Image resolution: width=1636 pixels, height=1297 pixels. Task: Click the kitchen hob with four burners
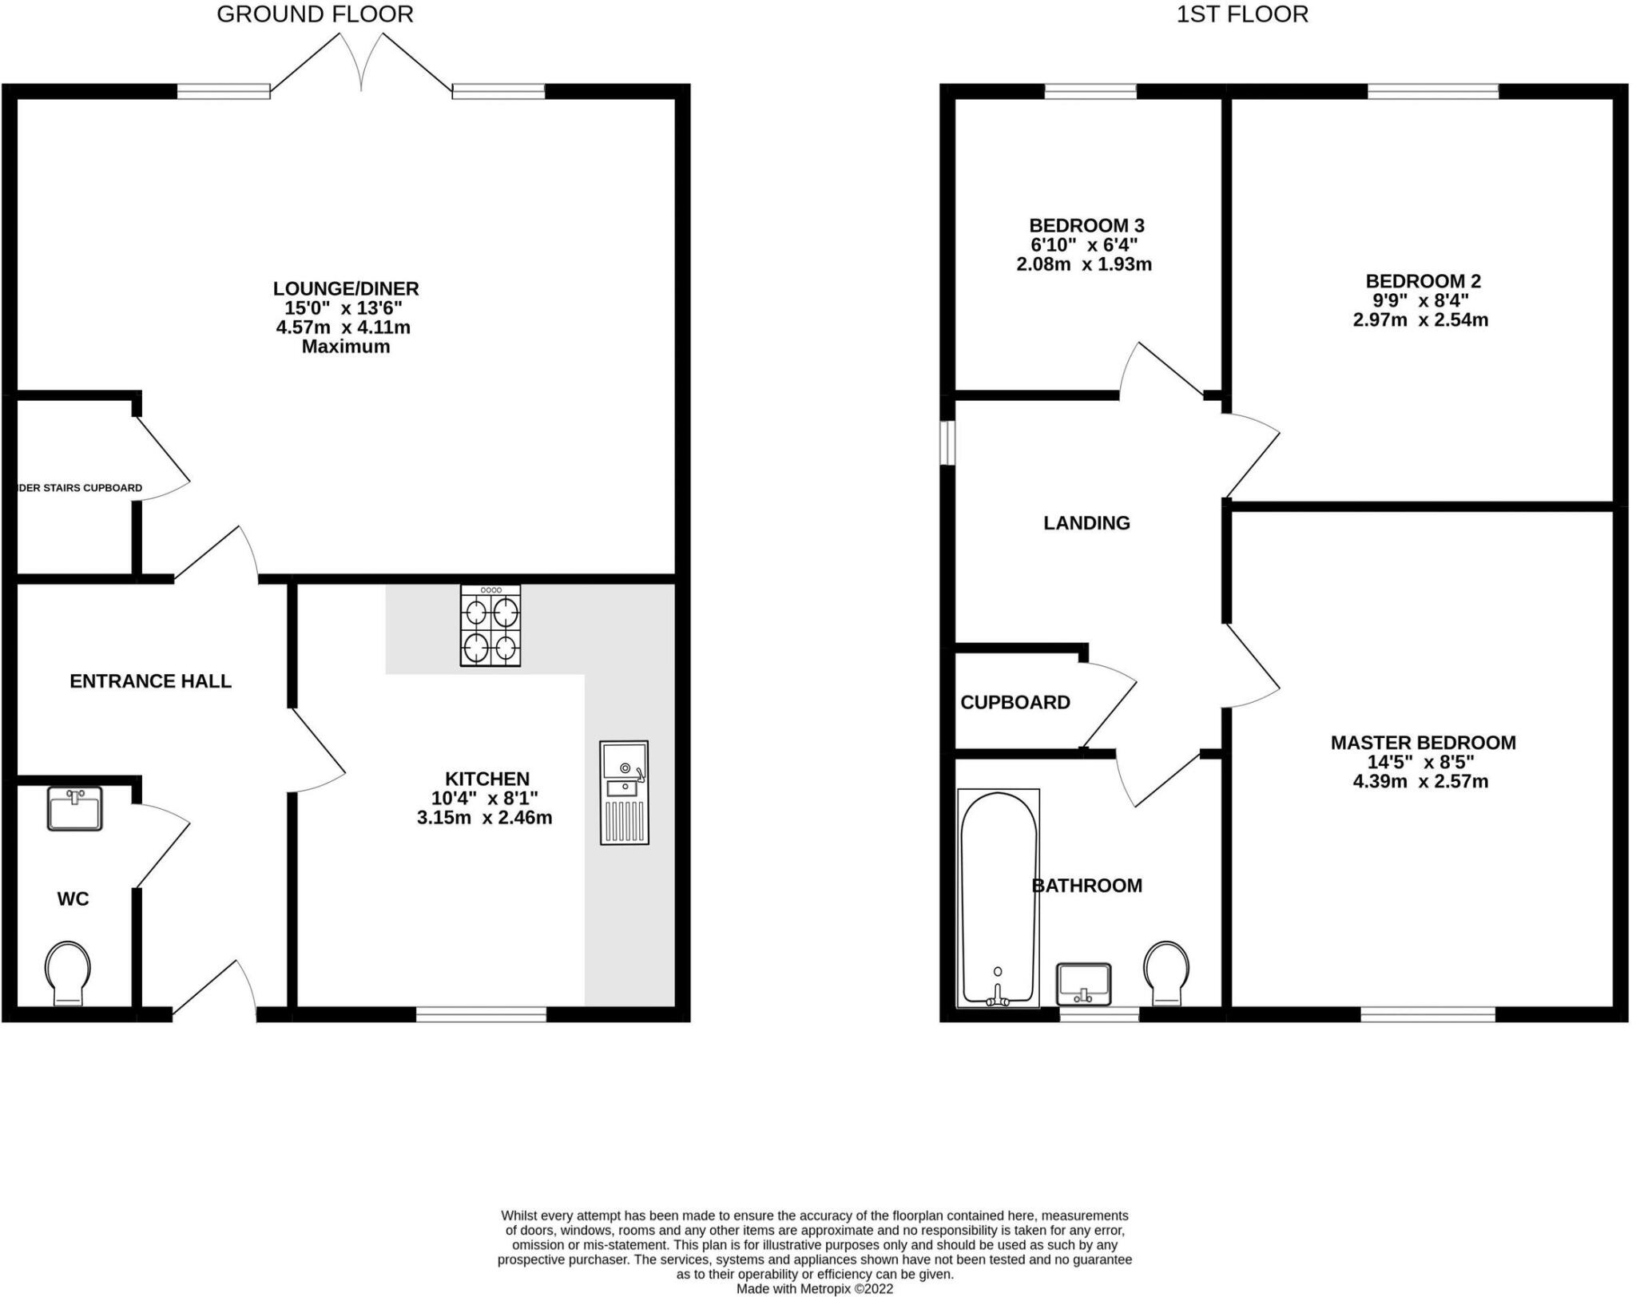[x=490, y=625]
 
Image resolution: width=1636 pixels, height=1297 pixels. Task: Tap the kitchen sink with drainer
[x=624, y=792]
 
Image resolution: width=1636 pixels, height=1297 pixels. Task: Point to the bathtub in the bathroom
[x=998, y=898]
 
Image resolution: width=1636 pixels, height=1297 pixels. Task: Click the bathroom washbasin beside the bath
[x=1083, y=984]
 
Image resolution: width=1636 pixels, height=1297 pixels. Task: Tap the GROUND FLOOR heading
[x=315, y=14]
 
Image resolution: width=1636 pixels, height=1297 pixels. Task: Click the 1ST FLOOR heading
[x=1242, y=14]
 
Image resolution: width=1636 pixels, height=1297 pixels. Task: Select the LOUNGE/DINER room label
[x=346, y=288]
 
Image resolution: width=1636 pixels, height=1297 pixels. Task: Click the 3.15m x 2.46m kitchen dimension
[x=484, y=818]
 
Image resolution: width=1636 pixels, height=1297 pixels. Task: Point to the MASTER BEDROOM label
[x=1423, y=743]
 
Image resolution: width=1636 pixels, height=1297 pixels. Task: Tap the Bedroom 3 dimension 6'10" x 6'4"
[x=1084, y=245]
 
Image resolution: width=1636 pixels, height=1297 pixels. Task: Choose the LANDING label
[x=1086, y=523]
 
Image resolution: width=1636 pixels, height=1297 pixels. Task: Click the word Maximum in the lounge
[x=346, y=347]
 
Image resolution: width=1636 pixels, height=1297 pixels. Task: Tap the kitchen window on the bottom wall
[x=481, y=1014]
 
